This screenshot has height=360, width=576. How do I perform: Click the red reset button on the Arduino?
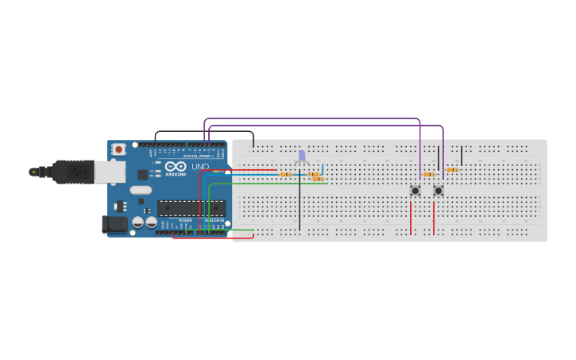coord(118,149)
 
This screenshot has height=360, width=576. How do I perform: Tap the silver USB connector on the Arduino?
coord(109,170)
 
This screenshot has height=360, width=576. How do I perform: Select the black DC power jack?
coord(115,224)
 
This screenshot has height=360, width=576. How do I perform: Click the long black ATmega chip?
coord(191,208)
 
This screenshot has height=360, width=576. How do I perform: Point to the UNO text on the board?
coord(200,167)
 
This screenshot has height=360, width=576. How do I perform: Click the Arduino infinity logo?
coord(176,166)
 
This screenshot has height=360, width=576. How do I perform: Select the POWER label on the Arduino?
coord(185,220)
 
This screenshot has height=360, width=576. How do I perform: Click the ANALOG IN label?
coord(215,220)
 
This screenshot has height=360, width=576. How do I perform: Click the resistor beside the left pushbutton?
coord(430,174)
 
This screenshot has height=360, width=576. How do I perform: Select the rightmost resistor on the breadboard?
coord(452,169)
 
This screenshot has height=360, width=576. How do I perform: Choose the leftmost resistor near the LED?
coord(285,174)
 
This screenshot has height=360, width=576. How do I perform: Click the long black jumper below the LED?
coord(300,203)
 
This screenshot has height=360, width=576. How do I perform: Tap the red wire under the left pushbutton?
coord(411,218)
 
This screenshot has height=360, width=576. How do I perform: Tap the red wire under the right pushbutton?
coord(434,218)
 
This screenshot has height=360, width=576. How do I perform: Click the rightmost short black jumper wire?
coord(462,155)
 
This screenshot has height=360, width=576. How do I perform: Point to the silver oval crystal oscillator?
coord(140,190)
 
